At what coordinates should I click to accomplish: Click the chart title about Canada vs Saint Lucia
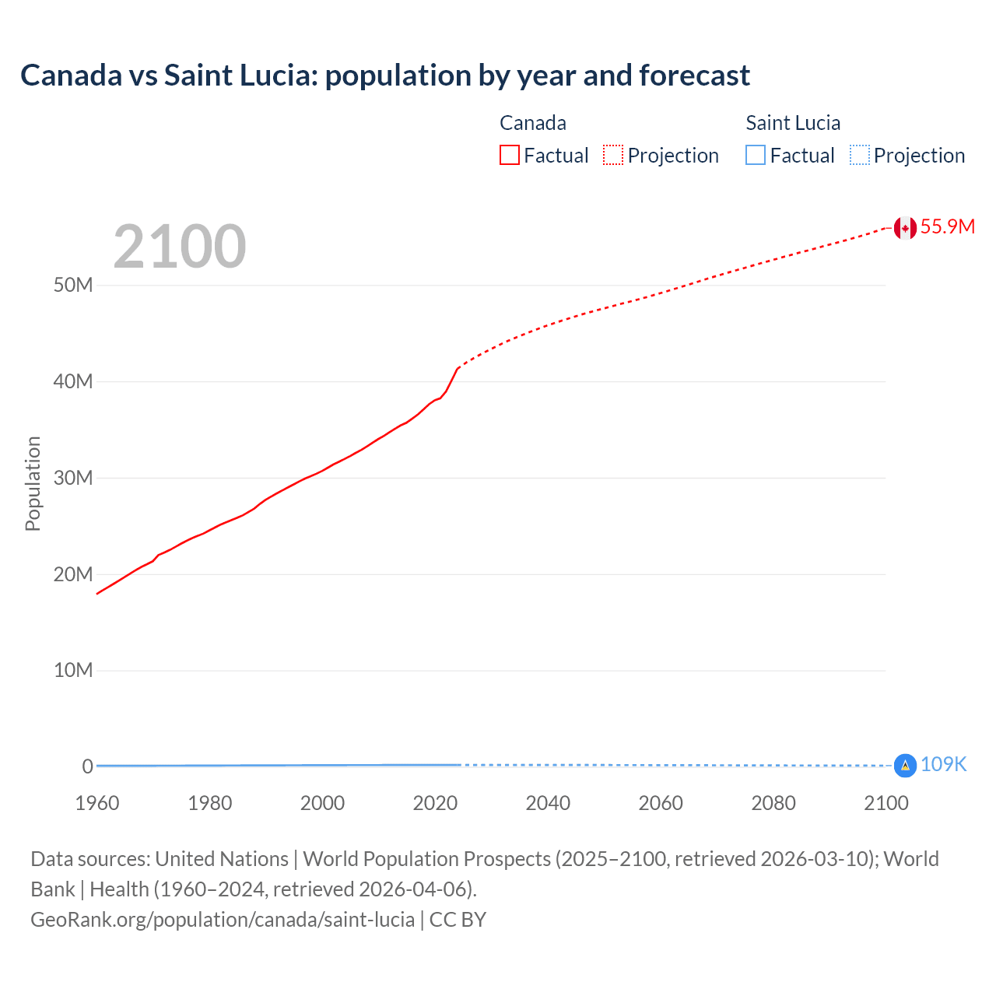pyautogui.click(x=385, y=75)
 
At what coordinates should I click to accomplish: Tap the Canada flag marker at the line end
pyautogui.click(x=904, y=228)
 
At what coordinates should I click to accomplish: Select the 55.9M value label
pyautogui.click(x=947, y=226)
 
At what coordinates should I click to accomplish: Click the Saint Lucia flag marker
pyautogui.click(x=904, y=766)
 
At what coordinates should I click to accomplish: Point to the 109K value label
pyautogui.click(x=943, y=765)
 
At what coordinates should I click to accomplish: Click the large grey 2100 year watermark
pyautogui.click(x=180, y=247)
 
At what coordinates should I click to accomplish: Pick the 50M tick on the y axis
pyautogui.click(x=73, y=285)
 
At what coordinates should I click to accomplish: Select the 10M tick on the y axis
pyautogui.click(x=73, y=670)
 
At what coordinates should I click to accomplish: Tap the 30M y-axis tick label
pyautogui.click(x=73, y=478)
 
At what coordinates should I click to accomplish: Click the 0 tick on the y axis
pyautogui.click(x=87, y=766)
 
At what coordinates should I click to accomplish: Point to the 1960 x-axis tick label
pyautogui.click(x=97, y=803)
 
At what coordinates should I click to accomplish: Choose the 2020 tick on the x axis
pyautogui.click(x=435, y=803)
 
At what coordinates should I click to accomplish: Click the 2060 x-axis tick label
pyautogui.click(x=661, y=803)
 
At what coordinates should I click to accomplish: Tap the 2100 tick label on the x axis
pyautogui.click(x=886, y=803)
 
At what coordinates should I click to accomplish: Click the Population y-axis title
pyautogui.click(x=33, y=483)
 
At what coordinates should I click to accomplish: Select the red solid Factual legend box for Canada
pyautogui.click(x=510, y=155)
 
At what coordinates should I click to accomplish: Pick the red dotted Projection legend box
pyautogui.click(x=613, y=155)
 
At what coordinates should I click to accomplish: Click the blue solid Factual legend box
pyautogui.click(x=756, y=155)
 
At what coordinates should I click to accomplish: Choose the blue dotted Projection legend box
pyautogui.click(x=859, y=155)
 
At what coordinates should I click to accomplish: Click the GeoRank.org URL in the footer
pyautogui.click(x=223, y=920)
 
